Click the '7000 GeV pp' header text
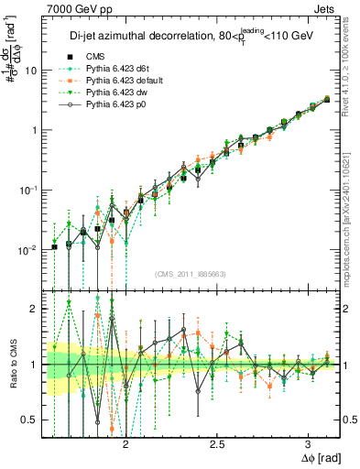click(75, 8)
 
